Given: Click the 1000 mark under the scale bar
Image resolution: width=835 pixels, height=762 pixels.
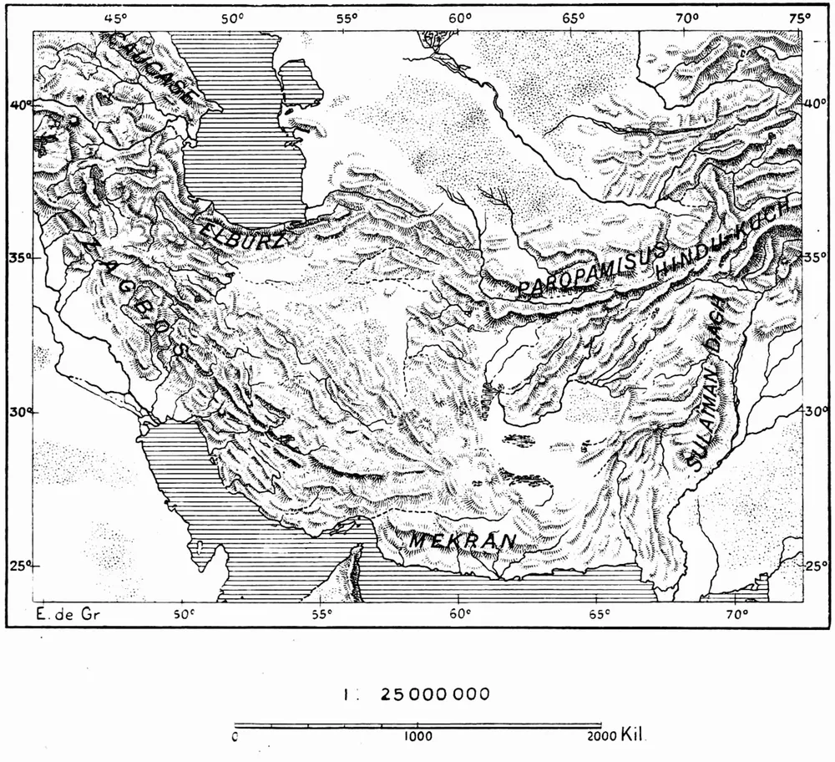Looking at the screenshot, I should tap(416, 737).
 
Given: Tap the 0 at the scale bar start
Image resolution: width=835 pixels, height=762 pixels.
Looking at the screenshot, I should tap(236, 737).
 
